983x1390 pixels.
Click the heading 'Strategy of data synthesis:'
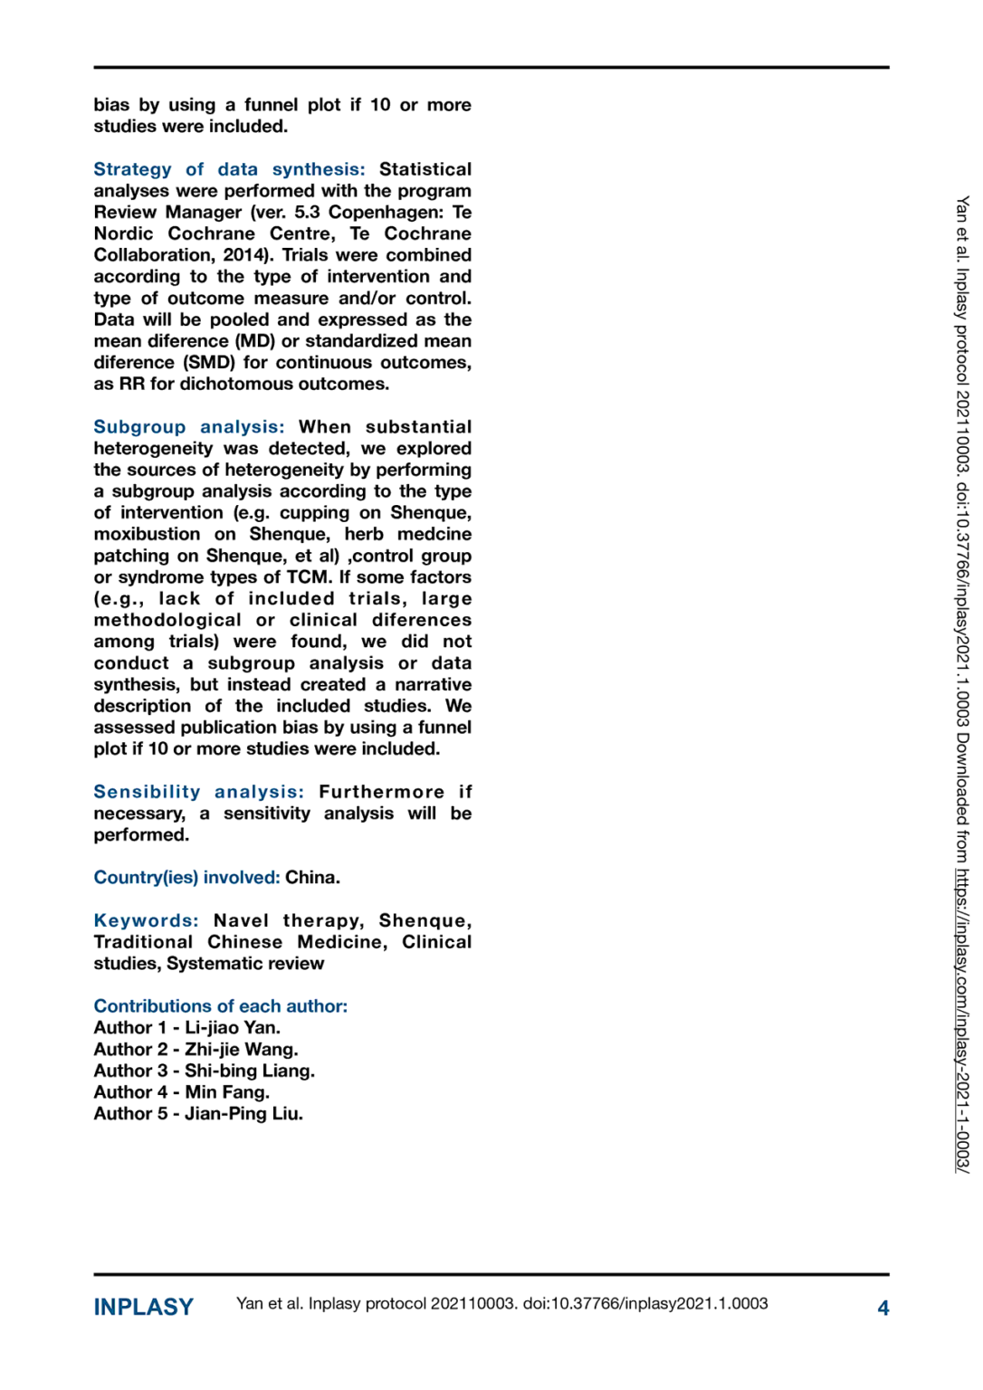point(229,169)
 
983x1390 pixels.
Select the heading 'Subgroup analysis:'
point(188,427)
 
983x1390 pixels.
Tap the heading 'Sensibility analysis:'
point(198,792)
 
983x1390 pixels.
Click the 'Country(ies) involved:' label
point(186,878)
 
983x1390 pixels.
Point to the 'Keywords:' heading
point(146,920)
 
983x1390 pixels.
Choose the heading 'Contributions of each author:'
point(220,1006)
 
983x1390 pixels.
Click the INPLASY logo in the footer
point(143,1308)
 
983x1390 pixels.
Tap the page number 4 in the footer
point(883,1309)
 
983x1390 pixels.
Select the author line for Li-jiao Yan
point(186,1028)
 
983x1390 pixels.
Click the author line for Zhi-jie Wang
point(196,1050)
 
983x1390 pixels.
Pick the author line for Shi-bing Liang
point(204,1071)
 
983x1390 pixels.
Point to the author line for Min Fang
point(181,1092)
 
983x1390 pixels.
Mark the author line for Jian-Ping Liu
point(198,1114)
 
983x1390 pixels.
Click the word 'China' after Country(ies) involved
point(310,878)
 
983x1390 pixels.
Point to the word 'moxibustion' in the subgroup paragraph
point(147,535)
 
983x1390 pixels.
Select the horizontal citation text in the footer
point(501,1304)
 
